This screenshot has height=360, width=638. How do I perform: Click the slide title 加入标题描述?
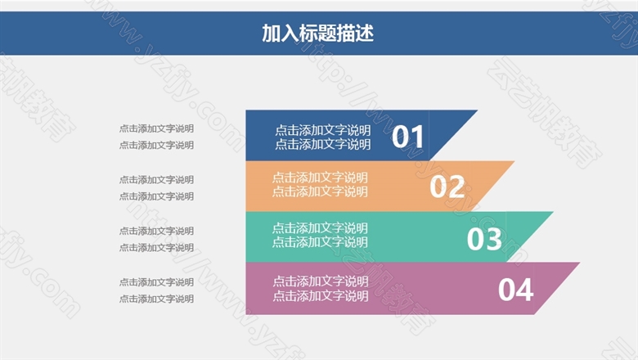(318, 34)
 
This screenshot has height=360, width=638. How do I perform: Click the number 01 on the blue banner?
(407, 137)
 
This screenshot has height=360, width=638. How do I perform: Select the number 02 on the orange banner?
(447, 187)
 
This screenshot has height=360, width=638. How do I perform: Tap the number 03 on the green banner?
(484, 239)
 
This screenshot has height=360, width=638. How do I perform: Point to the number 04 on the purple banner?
(516, 290)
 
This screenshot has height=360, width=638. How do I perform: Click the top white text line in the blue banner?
(322, 131)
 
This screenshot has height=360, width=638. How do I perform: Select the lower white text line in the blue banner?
(322, 144)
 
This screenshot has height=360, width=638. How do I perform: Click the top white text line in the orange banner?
(320, 178)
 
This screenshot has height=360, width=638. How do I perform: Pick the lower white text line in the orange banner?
(320, 191)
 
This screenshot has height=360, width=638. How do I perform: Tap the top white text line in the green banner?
(320, 228)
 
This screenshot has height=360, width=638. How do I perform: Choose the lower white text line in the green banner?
(320, 242)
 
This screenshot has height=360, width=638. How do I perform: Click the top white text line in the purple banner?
(321, 281)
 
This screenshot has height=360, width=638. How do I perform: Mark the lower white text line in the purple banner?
(321, 296)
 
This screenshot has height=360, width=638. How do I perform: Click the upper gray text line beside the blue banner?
(156, 128)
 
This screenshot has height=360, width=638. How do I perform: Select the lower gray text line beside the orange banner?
(156, 196)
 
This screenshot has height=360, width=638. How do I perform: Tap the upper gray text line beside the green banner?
(156, 231)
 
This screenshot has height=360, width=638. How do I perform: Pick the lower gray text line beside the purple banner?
(156, 299)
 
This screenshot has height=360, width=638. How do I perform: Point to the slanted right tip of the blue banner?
(477, 110)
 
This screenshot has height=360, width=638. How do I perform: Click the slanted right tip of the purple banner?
(578, 263)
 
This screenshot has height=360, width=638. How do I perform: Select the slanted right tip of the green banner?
(552, 213)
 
